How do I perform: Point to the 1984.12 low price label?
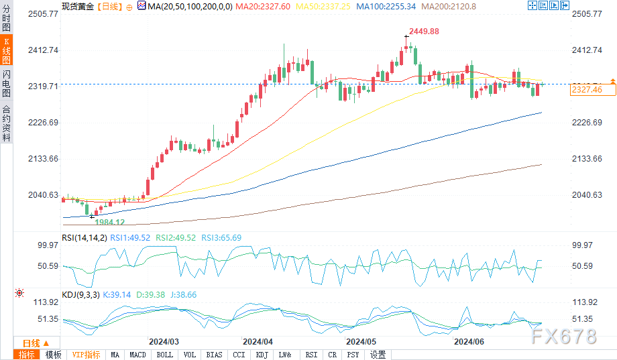pyautogui.click(x=109, y=222)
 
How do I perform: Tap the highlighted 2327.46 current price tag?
pyautogui.click(x=585, y=90)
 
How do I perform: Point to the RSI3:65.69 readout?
pyautogui.click(x=224, y=237)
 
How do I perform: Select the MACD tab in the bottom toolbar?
pyautogui.click(x=137, y=355)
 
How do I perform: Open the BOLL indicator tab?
pyautogui.click(x=164, y=355)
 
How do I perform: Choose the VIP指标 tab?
pyautogui.click(x=85, y=355)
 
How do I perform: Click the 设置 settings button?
pyautogui.click(x=378, y=355)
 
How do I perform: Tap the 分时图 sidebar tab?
pyautogui.click(x=6, y=20)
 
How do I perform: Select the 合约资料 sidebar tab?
pyautogui.click(x=6, y=123)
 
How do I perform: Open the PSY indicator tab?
pyautogui.click(x=353, y=355)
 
